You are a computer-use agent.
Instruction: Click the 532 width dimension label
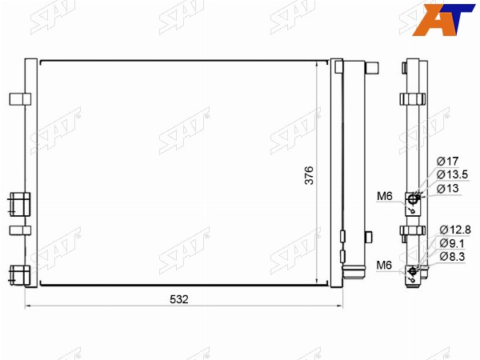click(179, 299)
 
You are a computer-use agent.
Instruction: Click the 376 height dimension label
click(309, 175)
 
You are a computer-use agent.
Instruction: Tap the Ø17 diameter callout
click(447, 161)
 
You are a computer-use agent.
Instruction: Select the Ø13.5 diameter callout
click(452, 174)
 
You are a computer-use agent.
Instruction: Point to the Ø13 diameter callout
click(447, 188)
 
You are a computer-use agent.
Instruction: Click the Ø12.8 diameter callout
click(455, 230)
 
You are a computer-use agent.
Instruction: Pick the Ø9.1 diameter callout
click(452, 243)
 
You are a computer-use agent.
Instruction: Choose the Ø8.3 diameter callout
click(452, 257)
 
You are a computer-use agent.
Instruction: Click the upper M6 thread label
click(385, 196)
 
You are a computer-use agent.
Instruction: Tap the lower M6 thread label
click(384, 265)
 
